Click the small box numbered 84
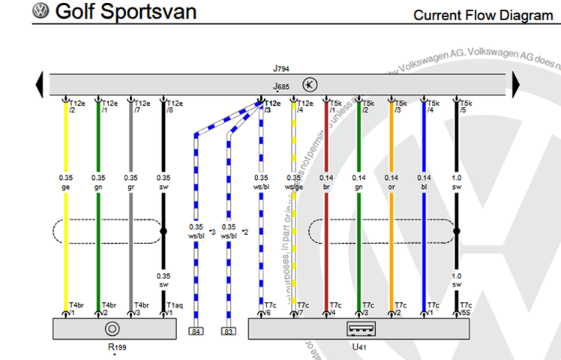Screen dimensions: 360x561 tap(196, 331)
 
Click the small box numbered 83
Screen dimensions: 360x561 tap(228, 331)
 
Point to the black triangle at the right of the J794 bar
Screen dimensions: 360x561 tap(517, 84)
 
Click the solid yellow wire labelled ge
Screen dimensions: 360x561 tap(66, 225)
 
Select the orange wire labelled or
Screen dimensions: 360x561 tap(391, 225)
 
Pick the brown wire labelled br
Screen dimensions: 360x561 tap(326, 225)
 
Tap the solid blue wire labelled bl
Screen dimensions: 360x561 tap(424, 225)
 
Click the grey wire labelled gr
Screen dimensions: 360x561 tap(130, 225)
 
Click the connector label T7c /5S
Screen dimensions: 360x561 tap(466, 308)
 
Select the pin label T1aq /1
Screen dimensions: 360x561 tap(174, 308)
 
